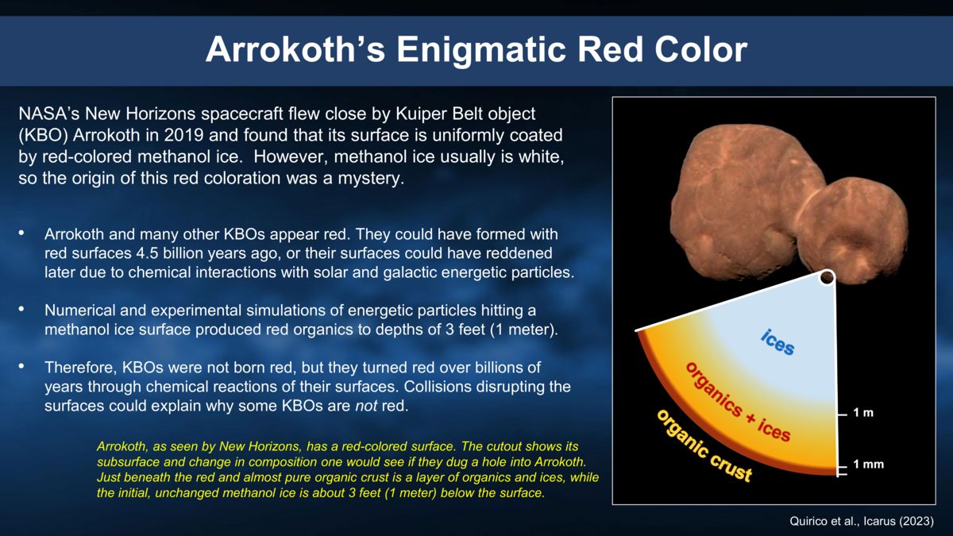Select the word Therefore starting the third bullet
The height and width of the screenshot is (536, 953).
click(x=80, y=368)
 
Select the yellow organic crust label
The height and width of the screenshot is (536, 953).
click(x=702, y=445)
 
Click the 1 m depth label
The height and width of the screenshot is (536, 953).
click(x=863, y=414)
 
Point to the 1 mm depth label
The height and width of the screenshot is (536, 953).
click(x=868, y=465)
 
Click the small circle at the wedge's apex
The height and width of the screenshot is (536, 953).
click(x=827, y=277)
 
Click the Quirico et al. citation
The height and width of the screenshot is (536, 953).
click(x=861, y=521)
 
